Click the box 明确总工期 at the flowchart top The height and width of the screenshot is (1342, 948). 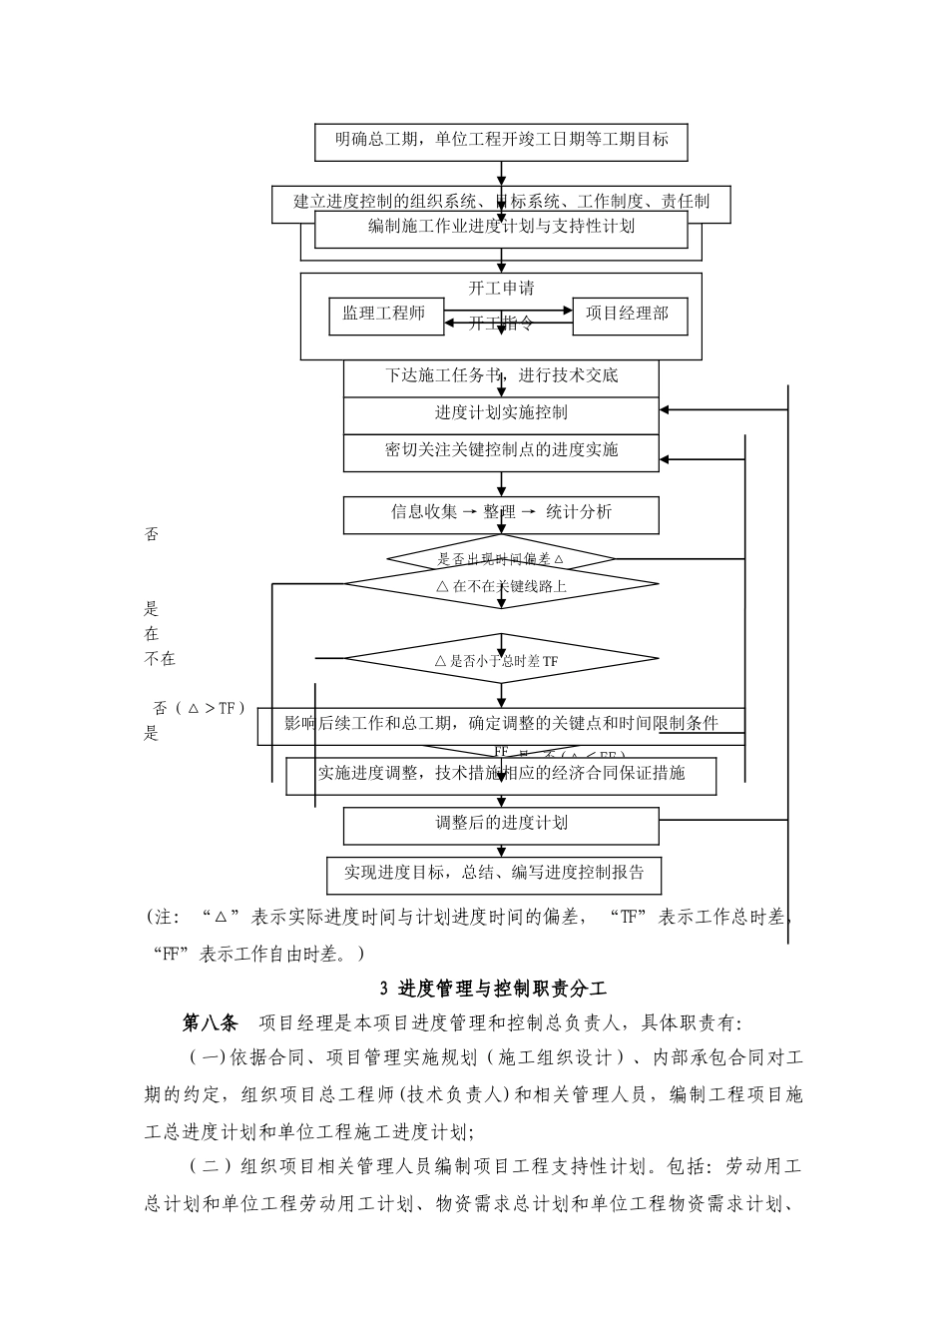[501, 140]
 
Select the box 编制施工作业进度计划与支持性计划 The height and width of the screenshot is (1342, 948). [501, 227]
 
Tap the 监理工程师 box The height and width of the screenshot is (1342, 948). [383, 314]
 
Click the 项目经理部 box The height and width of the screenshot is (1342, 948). [628, 314]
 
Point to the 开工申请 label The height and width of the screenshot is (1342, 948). [501, 289]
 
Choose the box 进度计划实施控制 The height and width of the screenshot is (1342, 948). [501, 412]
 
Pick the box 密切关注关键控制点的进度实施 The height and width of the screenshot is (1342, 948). [501, 450]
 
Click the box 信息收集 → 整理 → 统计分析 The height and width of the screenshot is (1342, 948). [501, 513]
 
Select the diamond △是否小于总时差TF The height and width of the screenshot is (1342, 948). [501, 660]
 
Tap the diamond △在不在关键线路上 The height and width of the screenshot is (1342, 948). [501, 586]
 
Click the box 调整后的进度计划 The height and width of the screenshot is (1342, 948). [501, 824]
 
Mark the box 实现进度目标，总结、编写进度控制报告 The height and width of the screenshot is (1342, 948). [495, 873]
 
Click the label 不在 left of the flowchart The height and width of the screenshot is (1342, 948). [160, 659]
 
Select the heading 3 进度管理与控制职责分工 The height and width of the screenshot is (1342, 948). [494, 990]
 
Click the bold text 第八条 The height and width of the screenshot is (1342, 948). [211, 1023]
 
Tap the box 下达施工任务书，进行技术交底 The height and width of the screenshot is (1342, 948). [501, 376]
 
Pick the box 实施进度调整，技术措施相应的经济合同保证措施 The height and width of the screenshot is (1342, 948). [501, 774]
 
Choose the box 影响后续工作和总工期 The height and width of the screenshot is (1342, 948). [501, 724]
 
